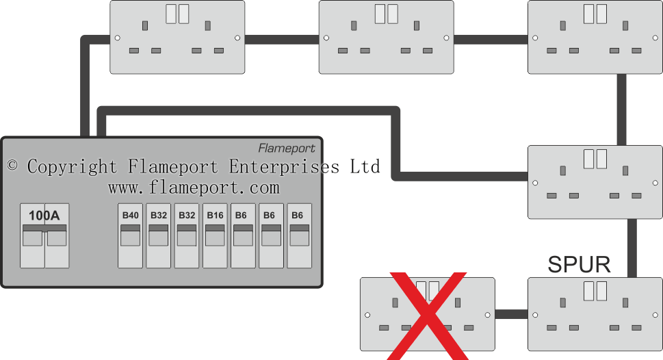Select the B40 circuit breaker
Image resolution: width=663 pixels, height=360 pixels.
pos(130,236)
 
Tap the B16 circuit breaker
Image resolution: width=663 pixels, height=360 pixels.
pos(215,236)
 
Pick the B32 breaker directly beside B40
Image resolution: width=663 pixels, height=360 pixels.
pos(159,236)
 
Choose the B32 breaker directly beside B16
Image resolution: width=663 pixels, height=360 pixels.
pos(187,236)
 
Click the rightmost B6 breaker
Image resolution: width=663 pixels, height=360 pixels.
pos(299,236)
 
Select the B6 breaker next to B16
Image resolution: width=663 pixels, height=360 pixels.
pos(243,236)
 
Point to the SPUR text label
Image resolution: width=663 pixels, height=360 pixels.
pos(579,265)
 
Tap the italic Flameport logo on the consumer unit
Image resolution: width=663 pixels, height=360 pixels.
pos(287,148)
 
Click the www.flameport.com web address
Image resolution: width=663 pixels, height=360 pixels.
pos(194,187)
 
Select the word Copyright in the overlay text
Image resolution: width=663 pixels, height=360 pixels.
pos(72,166)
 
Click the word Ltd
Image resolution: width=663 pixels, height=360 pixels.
pos(365,166)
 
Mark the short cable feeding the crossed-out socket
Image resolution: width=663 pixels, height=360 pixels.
pos(510,315)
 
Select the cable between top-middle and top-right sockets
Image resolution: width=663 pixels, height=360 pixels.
pos(491,39)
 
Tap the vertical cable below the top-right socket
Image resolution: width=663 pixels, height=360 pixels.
pos(621,109)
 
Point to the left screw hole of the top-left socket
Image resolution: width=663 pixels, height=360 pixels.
pos(117,38)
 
